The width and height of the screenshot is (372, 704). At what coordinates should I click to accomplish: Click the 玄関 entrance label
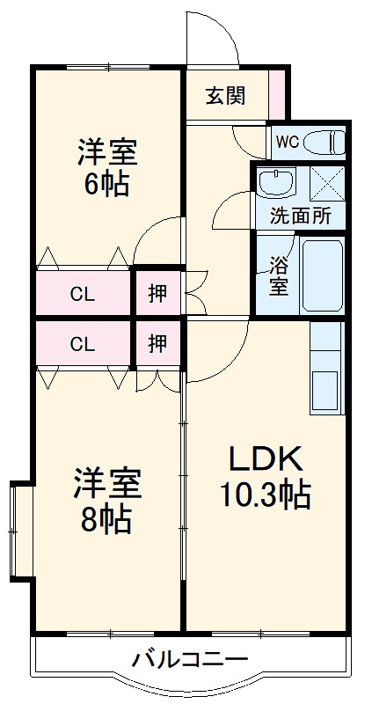click(226, 96)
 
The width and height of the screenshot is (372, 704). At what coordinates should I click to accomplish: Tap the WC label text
click(288, 141)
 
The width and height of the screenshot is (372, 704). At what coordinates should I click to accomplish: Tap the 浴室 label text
click(278, 275)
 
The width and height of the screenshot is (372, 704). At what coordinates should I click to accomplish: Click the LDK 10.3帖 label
click(266, 477)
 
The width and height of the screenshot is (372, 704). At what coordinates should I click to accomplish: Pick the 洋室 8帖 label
click(104, 502)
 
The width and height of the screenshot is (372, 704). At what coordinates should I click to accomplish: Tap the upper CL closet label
click(83, 295)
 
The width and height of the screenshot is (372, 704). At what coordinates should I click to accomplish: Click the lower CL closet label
click(83, 344)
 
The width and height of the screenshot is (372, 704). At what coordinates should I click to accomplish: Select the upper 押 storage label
click(157, 295)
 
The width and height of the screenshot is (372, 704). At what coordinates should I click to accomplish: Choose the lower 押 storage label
click(157, 344)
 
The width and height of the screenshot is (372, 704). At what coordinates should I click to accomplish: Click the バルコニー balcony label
click(190, 658)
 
